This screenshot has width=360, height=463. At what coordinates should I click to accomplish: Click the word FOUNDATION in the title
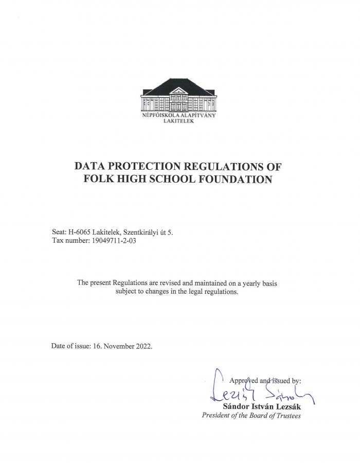[233, 180]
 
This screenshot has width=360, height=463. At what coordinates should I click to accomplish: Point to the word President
[218, 416]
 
